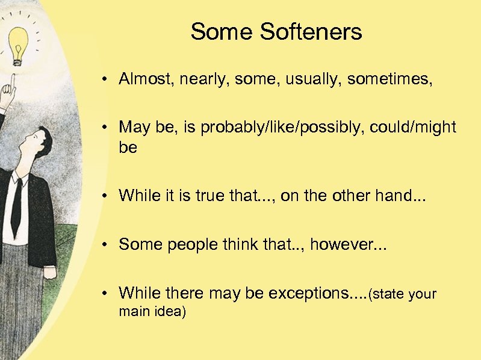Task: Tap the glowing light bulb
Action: click(x=18, y=45)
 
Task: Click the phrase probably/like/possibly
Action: click(x=281, y=128)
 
